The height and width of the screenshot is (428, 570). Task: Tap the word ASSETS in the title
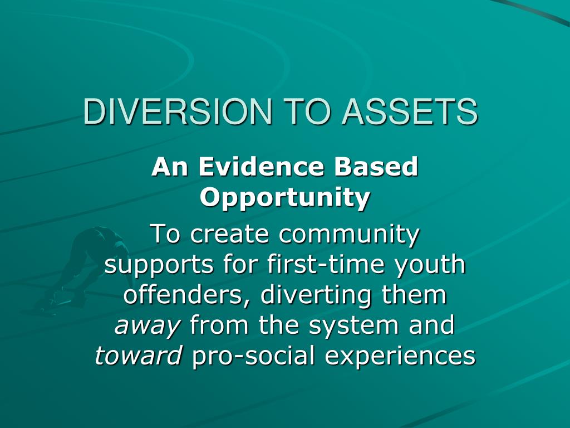[410, 111]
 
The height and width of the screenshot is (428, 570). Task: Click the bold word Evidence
[261, 167]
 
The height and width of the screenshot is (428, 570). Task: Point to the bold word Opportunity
[285, 199]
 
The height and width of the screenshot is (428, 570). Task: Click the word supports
[159, 265]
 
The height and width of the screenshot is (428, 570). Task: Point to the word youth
[430, 265]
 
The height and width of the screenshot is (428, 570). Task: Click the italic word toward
[139, 355]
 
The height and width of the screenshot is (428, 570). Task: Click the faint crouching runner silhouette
[85, 269]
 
